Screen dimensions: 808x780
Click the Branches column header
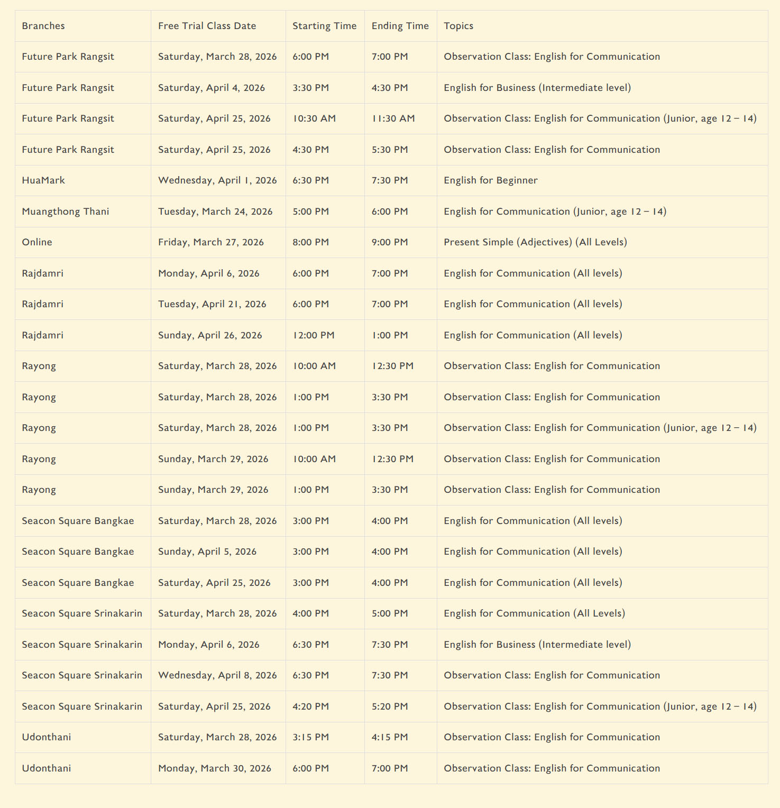point(43,26)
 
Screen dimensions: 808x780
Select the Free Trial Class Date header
point(207,26)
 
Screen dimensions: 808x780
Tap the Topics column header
point(458,26)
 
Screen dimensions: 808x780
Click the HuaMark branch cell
point(43,180)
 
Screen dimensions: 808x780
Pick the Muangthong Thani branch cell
point(66,212)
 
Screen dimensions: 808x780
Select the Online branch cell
point(37,242)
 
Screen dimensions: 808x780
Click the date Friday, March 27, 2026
point(210,242)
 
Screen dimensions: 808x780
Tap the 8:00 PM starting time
point(310,242)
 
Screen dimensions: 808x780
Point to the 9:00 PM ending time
point(390,242)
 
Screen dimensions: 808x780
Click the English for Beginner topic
point(490,180)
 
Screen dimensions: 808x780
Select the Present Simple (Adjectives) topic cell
point(535,242)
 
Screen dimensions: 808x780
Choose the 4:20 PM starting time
point(310,706)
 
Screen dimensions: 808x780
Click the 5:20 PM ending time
point(390,706)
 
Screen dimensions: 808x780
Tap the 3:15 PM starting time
point(310,737)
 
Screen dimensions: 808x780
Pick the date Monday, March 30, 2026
point(215,768)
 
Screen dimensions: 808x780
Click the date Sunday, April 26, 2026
point(210,335)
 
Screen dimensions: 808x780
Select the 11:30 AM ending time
point(393,118)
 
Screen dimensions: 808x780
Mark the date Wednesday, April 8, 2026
point(217,675)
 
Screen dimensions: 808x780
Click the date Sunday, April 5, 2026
point(207,552)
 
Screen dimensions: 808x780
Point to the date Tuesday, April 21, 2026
point(212,304)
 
